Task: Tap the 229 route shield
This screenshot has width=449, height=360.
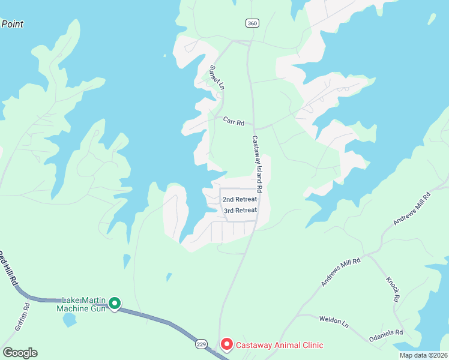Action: tap(201, 344)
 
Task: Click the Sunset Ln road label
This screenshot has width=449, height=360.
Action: tap(216, 77)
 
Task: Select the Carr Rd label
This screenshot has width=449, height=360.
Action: tap(234, 122)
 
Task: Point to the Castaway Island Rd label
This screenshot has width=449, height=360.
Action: tap(256, 164)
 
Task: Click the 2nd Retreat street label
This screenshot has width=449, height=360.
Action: tap(240, 199)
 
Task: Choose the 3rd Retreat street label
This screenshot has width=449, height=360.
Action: tap(240, 211)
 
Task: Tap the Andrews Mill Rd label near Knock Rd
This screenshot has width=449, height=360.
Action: tap(340, 272)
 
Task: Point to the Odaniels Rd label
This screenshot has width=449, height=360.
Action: tap(386, 332)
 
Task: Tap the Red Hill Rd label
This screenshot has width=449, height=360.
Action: tap(7, 271)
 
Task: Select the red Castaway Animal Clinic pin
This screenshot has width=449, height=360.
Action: tap(226, 344)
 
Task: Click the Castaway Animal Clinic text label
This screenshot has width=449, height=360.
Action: tap(279, 345)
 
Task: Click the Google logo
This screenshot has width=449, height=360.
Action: tap(20, 353)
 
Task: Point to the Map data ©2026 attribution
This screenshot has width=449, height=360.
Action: tap(423, 355)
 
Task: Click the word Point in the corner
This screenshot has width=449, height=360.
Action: tap(12, 23)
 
